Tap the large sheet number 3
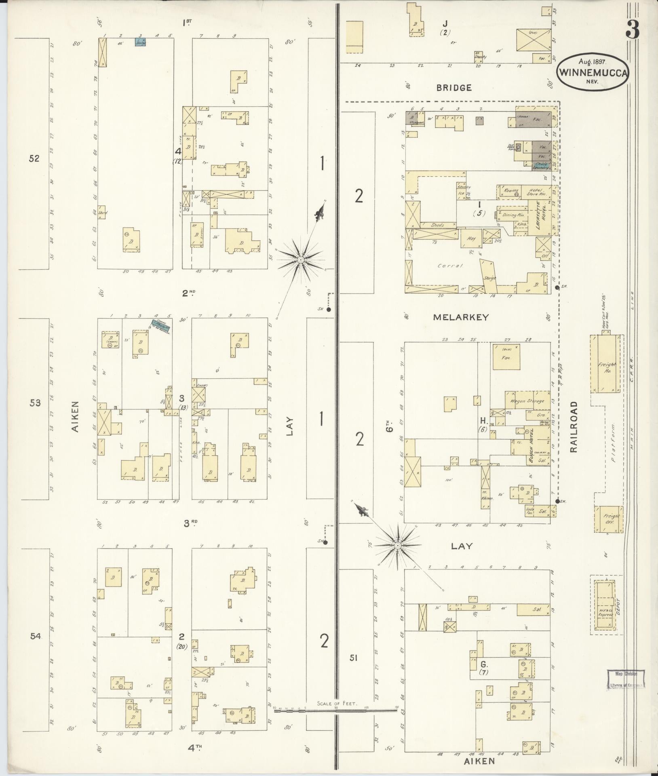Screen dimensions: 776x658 coord(632,29)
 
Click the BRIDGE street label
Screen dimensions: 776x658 coord(454,88)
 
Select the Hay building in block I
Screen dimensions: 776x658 coord(470,238)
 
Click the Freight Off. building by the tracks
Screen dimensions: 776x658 coord(608,519)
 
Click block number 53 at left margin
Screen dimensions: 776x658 coord(35,403)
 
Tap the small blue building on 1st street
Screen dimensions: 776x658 coord(140,42)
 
